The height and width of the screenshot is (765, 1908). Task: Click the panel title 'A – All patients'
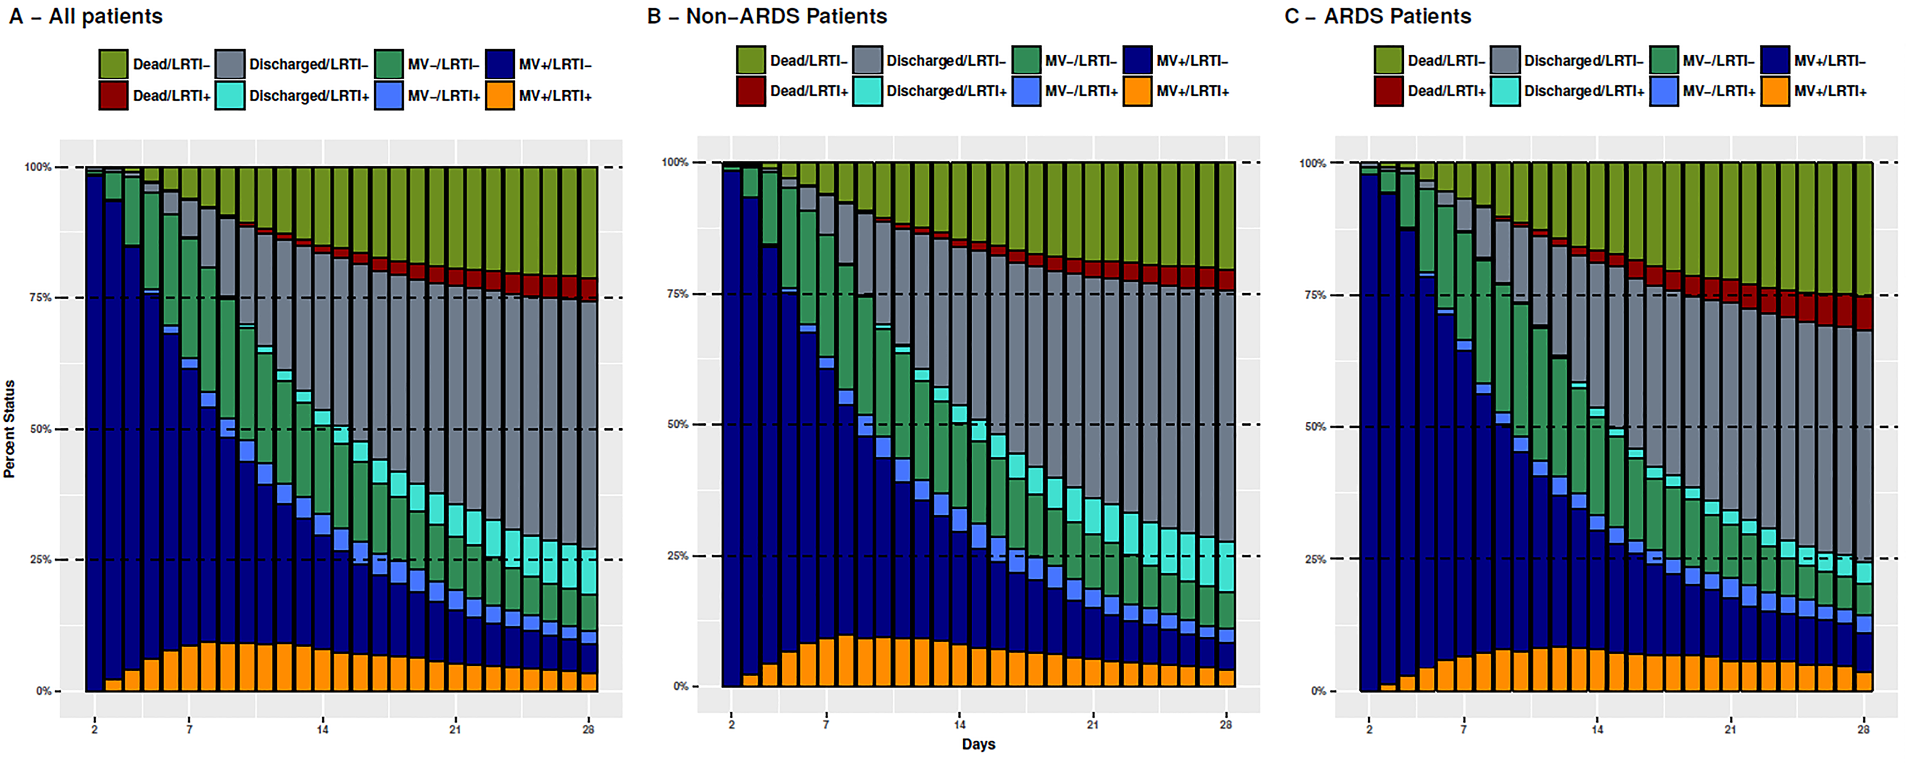(x=86, y=16)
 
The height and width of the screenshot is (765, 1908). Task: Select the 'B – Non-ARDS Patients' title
(x=766, y=16)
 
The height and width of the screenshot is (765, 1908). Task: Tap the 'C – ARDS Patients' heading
(x=1378, y=16)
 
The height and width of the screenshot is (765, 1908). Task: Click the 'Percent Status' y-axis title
(x=10, y=429)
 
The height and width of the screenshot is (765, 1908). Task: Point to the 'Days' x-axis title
(x=978, y=744)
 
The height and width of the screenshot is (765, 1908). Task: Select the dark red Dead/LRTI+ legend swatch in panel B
(x=750, y=91)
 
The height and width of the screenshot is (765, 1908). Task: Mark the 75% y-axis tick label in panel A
(x=41, y=298)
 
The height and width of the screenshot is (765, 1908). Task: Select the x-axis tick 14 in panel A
(x=322, y=729)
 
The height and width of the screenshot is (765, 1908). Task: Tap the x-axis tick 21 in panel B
(x=1092, y=725)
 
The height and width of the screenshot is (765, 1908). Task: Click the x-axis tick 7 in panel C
(x=1464, y=729)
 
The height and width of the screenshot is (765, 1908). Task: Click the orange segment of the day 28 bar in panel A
(x=589, y=682)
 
